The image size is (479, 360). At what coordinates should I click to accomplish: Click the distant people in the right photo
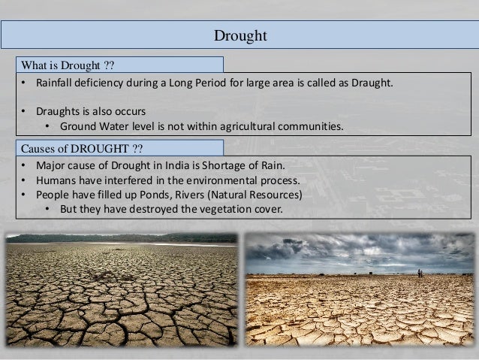420,273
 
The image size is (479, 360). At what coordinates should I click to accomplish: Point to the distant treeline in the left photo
120,237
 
